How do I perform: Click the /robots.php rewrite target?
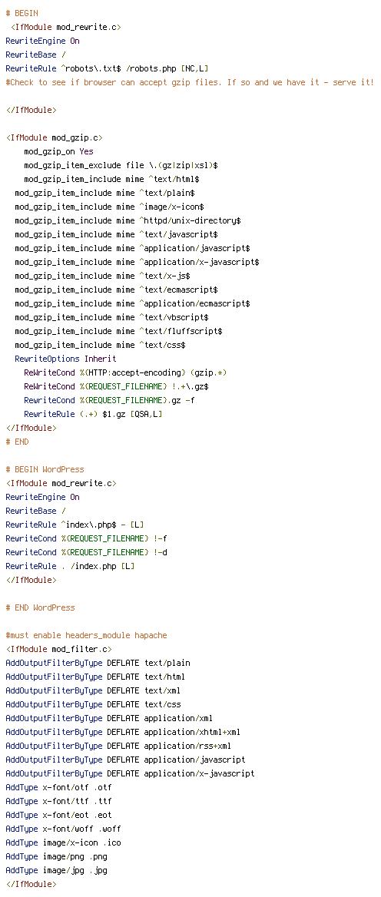[152, 68]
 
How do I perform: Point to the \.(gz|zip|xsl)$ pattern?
[180, 165]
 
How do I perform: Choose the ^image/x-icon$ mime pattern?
[171, 207]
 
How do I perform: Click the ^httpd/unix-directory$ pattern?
[190, 221]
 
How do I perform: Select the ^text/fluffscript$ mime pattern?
[181, 331]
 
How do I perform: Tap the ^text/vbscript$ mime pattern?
[174, 317]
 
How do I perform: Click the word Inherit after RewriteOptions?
[100, 359]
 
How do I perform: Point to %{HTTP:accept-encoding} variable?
[135, 372]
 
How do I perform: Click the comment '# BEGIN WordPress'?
[45, 470]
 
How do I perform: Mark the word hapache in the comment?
[151, 636]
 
